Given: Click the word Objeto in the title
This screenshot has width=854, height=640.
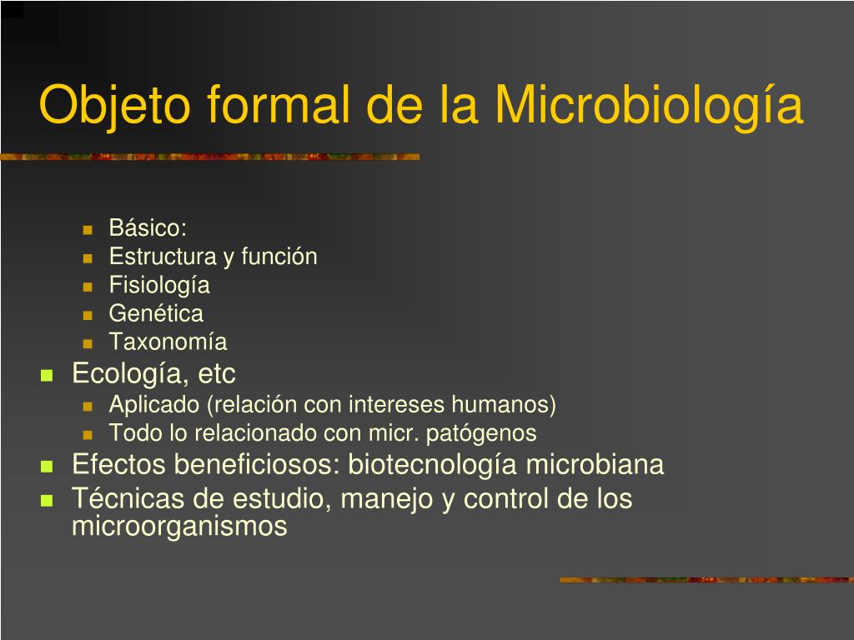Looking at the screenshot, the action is pos(115,105).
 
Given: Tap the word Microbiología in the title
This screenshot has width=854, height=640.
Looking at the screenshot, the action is pos(649,105).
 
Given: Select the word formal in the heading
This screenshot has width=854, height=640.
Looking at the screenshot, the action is pos(278,104).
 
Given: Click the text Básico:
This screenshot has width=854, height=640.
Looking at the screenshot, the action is pos(148,227).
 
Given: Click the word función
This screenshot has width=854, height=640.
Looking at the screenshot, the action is pos(279,256).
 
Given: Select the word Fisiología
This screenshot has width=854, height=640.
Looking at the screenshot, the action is pos(159,286).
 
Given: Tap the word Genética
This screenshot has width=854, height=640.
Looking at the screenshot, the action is pos(156,313).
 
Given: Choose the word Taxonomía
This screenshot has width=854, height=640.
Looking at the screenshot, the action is pos(168,342).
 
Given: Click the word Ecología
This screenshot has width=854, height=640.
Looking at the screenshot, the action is pos(131,374).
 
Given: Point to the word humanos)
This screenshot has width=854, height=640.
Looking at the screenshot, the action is pos(504,405).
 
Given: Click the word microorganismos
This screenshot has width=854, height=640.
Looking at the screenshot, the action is pos(180,527).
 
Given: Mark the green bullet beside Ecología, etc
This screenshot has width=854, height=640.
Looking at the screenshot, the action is pos(47,375).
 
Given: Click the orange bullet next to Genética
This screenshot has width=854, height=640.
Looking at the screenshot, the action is pos(88,315).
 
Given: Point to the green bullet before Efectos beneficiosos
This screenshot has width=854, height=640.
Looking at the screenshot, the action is pos(47,467).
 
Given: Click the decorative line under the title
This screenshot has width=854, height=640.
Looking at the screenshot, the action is pos(209,157).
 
